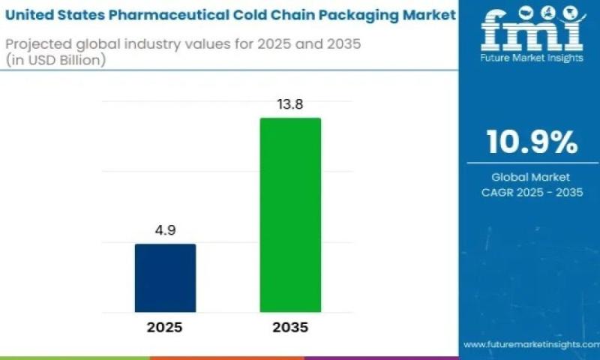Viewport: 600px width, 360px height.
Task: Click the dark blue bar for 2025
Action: click(165, 277)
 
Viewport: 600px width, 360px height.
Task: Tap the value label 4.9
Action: click(165, 232)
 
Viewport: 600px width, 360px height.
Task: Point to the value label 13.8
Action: click(290, 105)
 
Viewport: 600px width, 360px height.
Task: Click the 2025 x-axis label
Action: click(164, 328)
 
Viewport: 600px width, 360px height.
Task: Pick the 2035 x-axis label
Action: click(290, 328)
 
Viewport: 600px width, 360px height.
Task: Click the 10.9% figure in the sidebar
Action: click(532, 142)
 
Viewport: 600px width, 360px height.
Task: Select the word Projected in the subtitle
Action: click(36, 44)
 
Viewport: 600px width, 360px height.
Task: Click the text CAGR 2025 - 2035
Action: click(532, 191)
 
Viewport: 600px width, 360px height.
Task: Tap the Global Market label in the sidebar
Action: click(532, 177)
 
